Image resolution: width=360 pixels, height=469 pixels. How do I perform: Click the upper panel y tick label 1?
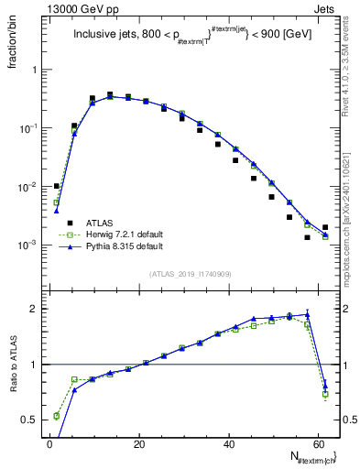point(37,70)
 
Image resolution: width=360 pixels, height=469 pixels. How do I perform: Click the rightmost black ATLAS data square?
point(325,227)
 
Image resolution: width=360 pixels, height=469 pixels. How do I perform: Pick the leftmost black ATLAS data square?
point(57,186)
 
